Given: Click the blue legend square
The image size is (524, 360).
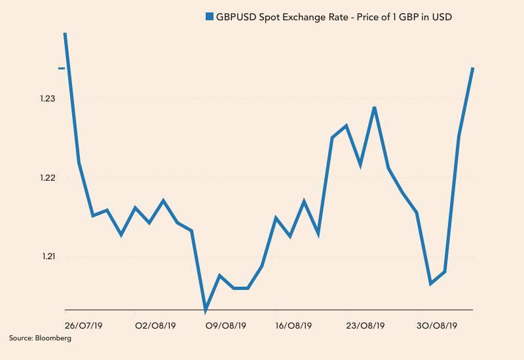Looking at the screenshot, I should [x=210, y=17].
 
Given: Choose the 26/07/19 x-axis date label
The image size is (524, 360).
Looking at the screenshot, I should [x=83, y=325].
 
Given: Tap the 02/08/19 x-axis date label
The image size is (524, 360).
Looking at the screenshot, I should [x=155, y=325].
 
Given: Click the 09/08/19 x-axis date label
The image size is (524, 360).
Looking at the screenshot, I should [x=226, y=325].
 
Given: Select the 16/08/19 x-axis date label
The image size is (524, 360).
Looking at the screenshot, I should [x=294, y=325].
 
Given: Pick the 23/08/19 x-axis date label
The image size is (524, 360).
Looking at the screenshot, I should [x=365, y=325].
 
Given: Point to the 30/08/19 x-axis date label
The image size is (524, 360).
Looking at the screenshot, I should [x=437, y=325].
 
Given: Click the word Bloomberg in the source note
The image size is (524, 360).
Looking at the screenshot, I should [x=52, y=338].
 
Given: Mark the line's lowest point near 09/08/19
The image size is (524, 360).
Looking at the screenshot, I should [x=206, y=309].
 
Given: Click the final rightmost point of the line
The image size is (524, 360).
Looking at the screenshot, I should [x=473, y=68].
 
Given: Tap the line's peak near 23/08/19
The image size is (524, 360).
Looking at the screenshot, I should [x=374, y=107].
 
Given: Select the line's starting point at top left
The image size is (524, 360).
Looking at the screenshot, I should [x=65, y=33].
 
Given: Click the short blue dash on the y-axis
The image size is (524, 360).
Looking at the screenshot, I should [x=62, y=68].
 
